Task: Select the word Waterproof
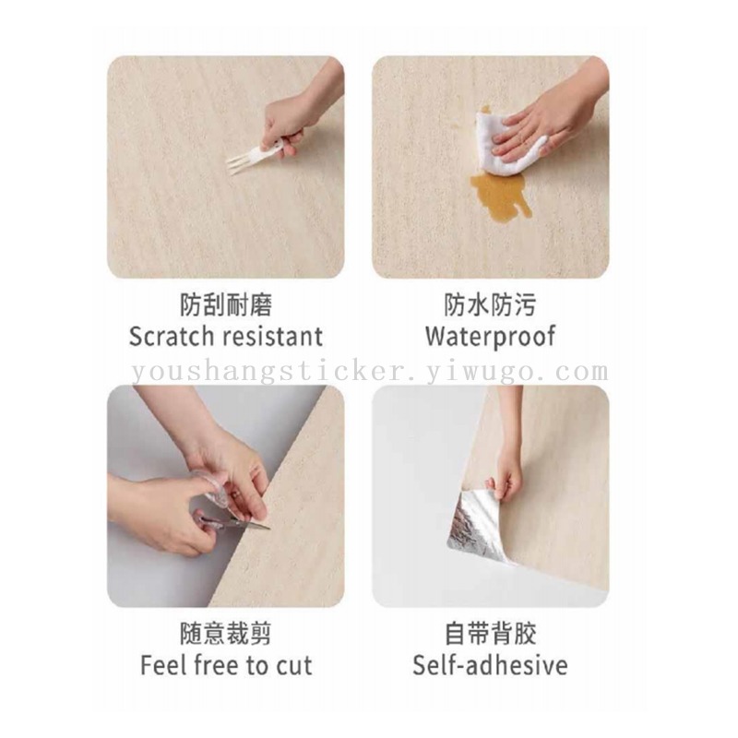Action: pos(491,337)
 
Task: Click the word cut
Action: pos(294,666)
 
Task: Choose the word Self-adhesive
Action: pos(490,665)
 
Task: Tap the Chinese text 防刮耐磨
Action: pos(226,304)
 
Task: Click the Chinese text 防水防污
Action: pos(491,304)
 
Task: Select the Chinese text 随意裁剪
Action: pos(226,634)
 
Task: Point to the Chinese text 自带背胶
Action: pos(491,634)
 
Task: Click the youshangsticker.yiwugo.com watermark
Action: pos(370,372)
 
